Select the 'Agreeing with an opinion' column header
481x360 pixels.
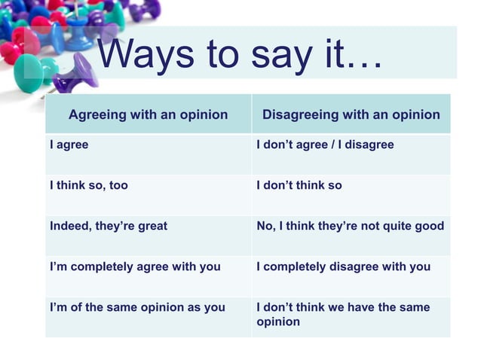pos(148,114)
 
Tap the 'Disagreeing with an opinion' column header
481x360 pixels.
pos(351,114)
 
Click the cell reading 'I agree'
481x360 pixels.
pos(69,145)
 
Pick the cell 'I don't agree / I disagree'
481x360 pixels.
pos(325,145)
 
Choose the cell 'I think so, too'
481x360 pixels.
pos(89,185)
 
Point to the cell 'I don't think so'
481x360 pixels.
pos(299,185)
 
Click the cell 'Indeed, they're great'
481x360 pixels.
pos(109,226)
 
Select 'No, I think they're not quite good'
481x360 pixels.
pos(350,226)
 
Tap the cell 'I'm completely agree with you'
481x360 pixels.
pos(135,267)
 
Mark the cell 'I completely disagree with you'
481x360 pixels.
pos(343,267)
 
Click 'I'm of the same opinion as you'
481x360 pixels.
pos(137,307)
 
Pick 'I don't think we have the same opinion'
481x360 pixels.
pos(343,314)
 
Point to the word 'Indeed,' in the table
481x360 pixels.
pos(70,226)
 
